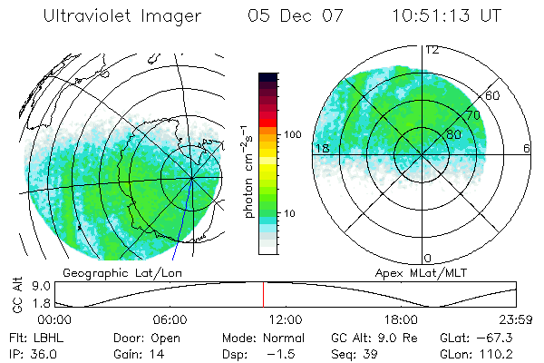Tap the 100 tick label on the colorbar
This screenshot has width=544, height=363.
[x=293, y=134]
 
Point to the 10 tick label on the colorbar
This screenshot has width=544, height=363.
[x=289, y=213]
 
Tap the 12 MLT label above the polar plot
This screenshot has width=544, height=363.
[x=432, y=50]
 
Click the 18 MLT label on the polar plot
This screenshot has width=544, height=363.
[x=321, y=148]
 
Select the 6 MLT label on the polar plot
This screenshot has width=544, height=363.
[x=527, y=148]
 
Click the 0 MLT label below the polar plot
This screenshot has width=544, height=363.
[x=428, y=257]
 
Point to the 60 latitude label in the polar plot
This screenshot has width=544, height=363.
[x=493, y=95]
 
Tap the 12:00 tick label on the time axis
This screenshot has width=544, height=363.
[x=286, y=319]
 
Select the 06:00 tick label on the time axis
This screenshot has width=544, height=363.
[x=170, y=319]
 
